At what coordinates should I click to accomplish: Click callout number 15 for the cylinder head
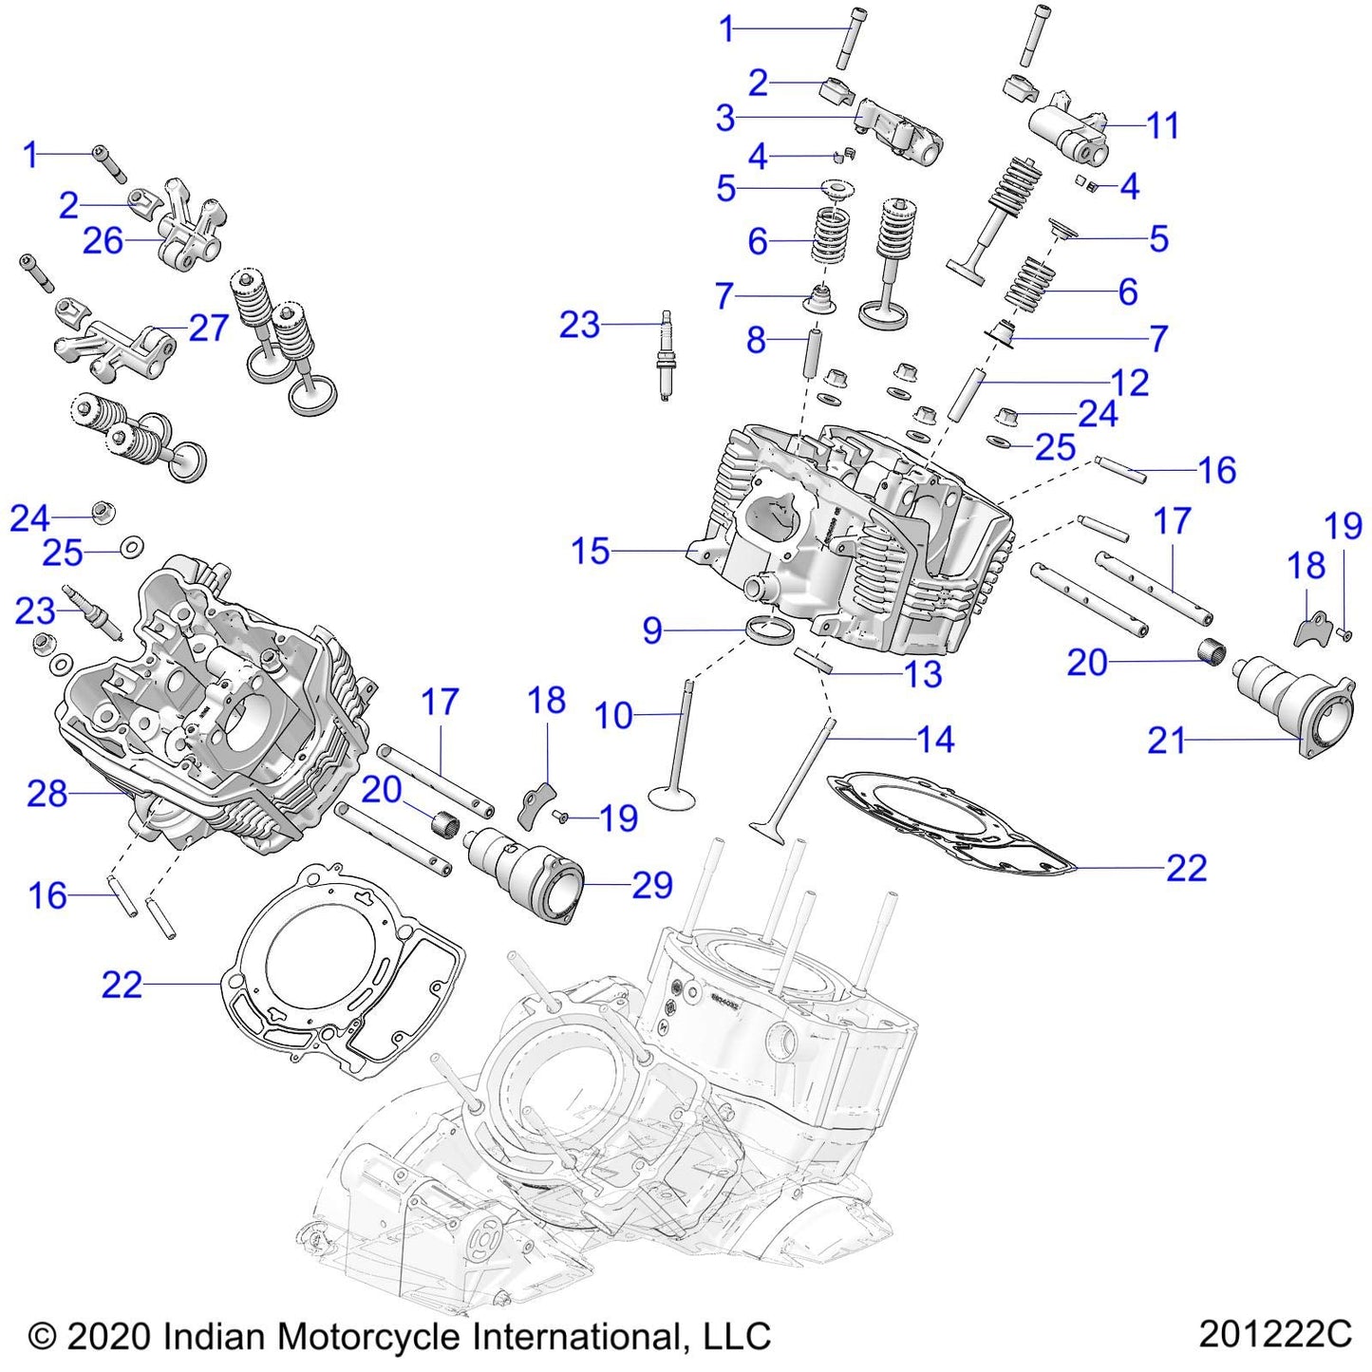click(590, 551)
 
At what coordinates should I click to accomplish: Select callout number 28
click(47, 793)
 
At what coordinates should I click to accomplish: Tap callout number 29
click(652, 885)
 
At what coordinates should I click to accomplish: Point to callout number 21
click(1167, 740)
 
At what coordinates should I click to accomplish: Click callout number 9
click(651, 630)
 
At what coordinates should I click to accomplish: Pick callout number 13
click(923, 675)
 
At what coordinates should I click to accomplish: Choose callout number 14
click(934, 740)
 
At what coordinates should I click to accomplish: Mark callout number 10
click(613, 715)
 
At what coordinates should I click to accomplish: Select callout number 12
click(1129, 383)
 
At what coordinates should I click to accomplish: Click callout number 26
click(103, 241)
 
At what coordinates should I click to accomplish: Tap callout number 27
click(209, 328)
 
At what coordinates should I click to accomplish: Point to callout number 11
click(1162, 125)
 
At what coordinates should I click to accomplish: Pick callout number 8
click(756, 339)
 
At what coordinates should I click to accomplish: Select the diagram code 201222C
click(1274, 1334)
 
